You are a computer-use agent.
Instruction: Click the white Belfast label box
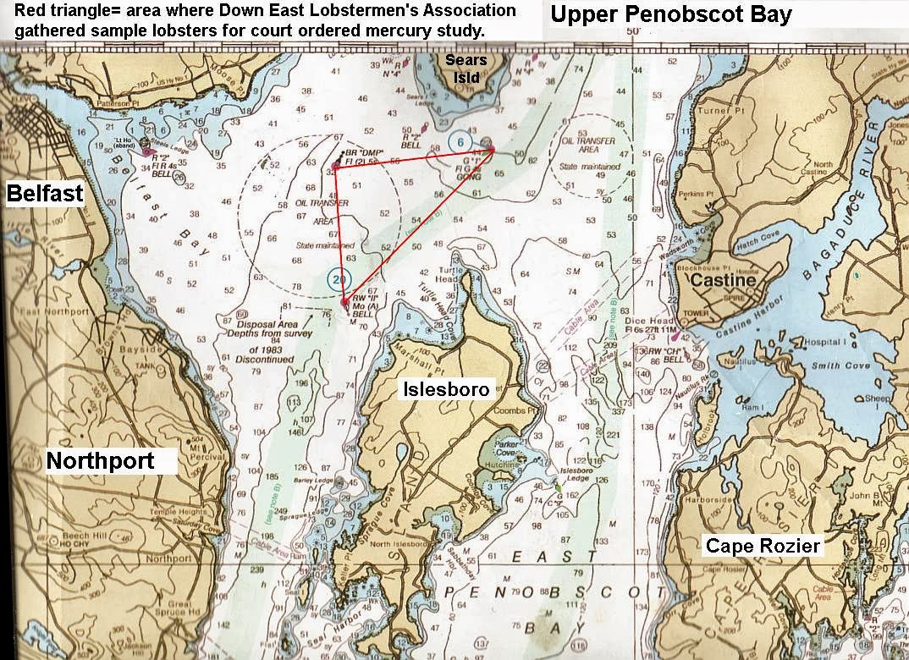pos(45,194)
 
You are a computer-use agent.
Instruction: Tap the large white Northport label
pos(100,461)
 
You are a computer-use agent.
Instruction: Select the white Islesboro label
pos(445,389)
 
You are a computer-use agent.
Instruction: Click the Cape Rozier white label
pos(763,546)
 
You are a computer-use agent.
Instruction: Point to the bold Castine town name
pos(721,279)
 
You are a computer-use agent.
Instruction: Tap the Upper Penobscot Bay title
pos(670,14)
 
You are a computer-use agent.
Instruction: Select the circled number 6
pos(460,141)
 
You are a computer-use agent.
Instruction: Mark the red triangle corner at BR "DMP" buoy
pos(336,167)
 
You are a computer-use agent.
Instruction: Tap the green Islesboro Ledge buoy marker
pos(558,487)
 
